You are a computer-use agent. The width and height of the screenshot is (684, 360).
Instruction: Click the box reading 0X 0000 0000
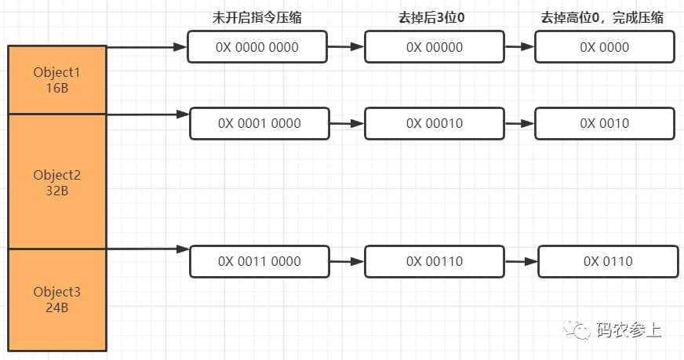pyautogui.click(x=257, y=47)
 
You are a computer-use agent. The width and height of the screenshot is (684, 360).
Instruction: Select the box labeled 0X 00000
pyautogui.click(x=435, y=47)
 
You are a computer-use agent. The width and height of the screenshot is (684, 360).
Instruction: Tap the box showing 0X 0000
pyautogui.click(x=604, y=47)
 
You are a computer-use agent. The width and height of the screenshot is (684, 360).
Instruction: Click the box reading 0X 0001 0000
pyautogui.click(x=259, y=123)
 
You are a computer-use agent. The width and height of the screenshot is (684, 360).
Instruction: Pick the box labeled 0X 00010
pyautogui.click(x=435, y=123)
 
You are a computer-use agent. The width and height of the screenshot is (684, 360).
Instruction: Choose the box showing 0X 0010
pyautogui.click(x=604, y=123)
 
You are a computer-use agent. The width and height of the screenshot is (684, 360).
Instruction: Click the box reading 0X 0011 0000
pyautogui.click(x=259, y=261)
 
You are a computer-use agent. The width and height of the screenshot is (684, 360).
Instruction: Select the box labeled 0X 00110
pyautogui.click(x=435, y=261)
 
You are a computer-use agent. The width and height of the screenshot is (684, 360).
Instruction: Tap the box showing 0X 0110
pyautogui.click(x=608, y=261)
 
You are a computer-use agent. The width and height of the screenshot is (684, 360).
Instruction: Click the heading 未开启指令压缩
pyautogui.click(x=256, y=17)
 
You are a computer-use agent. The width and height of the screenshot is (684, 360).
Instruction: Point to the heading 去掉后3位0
pyautogui.click(x=435, y=17)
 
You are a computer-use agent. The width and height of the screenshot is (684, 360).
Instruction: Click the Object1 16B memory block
pyautogui.click(x=56, y=79)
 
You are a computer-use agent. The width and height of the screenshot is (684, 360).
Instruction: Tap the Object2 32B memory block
pyautogui.click(x=56, y=182)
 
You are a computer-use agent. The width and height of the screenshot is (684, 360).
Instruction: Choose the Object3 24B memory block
pyautogui.click(x=56, y=300)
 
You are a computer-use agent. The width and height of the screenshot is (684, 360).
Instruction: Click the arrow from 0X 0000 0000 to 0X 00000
pyautogui.click(x=346, y=47)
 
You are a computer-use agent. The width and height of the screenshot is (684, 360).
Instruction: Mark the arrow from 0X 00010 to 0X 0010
pyautogui.click(x=519, y=123)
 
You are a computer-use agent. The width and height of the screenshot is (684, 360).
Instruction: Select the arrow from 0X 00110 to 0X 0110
pyautogui.click(x=521, y=261)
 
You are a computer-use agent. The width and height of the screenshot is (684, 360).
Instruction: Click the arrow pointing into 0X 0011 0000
pyautogui.click(x=147, y=249)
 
